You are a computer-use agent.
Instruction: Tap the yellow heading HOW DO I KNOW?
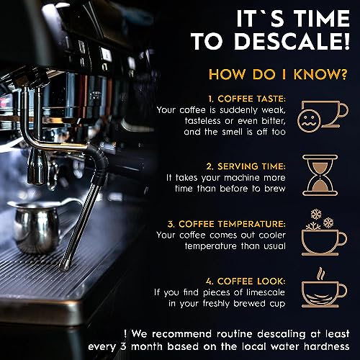[x=278, y=74]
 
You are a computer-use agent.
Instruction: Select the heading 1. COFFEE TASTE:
[x=247, y=99]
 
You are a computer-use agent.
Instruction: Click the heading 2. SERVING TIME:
[x=246, y=166]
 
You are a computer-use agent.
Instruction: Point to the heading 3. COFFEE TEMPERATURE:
[x=227, y=224]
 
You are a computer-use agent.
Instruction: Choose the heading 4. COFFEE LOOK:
[x=246, y=282]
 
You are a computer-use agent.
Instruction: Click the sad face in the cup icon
[x=309, y=120]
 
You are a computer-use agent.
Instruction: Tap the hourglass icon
[x=320, y=175]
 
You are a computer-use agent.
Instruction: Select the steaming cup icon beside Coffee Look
[x=324, y=287]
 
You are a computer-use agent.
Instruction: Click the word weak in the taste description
[x=274, y=110]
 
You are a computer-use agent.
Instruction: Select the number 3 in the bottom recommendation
[x=123, y=347]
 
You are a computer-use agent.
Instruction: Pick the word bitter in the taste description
[x=274, y=121]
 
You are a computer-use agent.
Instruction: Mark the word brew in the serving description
[x=275, y=189]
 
